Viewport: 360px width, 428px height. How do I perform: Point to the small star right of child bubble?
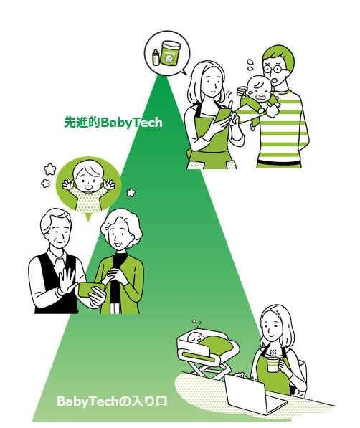pyautogui.click(x=131, y=193)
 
